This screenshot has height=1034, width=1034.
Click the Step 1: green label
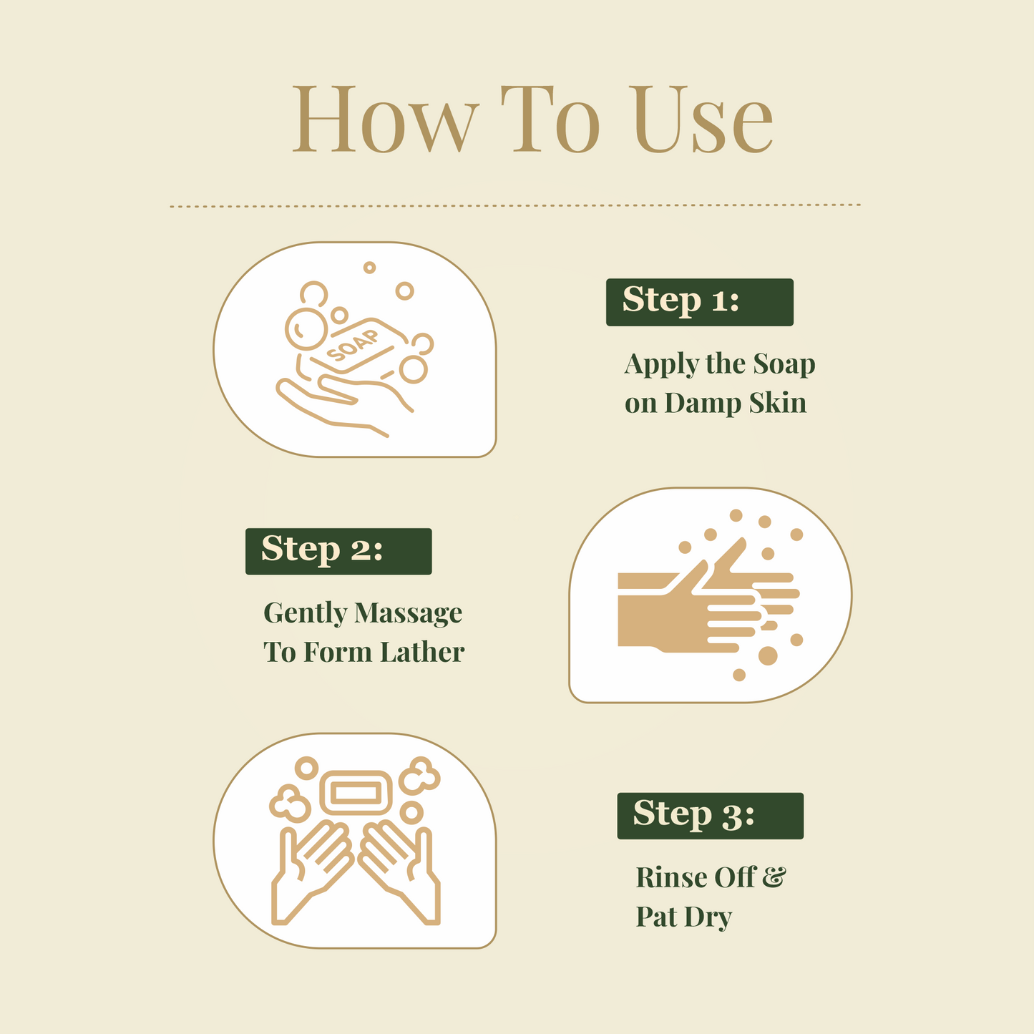pos(699,302)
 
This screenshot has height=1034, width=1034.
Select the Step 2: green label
pos(338,551)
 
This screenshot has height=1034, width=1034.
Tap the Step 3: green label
pos(710,815)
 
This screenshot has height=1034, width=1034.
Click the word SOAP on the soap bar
pos(353,346)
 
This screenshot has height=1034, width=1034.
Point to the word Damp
pos(703,404)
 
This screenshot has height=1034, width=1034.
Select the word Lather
pos(421,653)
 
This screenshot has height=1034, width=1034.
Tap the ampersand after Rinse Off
pos(773,877)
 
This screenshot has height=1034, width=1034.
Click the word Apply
pos(660,365)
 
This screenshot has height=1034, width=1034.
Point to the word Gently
pos(304,613)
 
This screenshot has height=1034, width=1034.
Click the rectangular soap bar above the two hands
pos(356,792)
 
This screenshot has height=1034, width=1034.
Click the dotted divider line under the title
pos(515,205)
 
